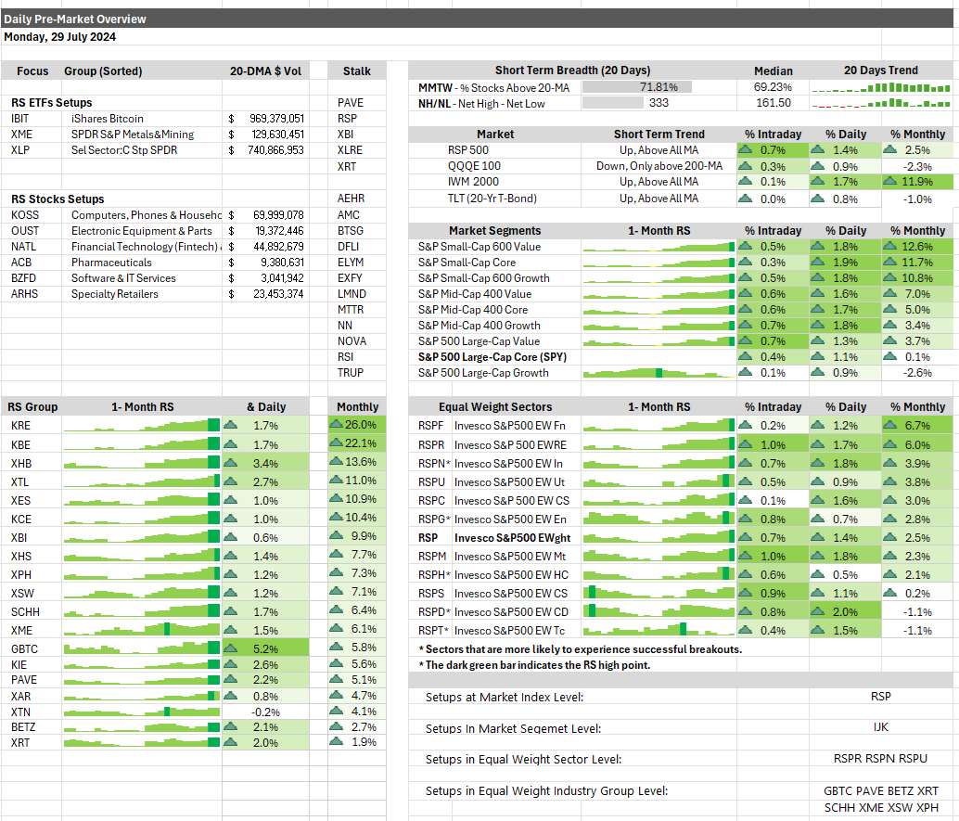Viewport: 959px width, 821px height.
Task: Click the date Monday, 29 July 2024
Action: pos(59,38)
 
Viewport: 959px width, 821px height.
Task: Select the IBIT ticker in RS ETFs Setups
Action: pos(19,119)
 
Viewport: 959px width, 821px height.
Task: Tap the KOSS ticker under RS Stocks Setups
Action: pos(24,215)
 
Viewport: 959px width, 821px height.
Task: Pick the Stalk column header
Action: pos(356,71)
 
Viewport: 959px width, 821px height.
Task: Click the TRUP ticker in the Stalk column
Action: pos(352,373)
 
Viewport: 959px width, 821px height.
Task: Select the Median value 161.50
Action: pos(774,103)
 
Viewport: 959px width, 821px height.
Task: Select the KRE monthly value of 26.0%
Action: pos(358,425)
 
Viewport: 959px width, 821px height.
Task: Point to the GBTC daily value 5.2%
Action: pos(265,648)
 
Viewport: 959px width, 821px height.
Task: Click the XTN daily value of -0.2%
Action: pos(265,712)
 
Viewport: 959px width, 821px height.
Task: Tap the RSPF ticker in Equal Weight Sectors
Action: pos(431,425)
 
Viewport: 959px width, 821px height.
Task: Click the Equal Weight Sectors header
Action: pos(494,406)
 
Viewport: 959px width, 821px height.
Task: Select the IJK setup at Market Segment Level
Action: pos(880,728)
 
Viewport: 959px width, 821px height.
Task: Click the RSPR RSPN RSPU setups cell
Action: pos(880,759)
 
